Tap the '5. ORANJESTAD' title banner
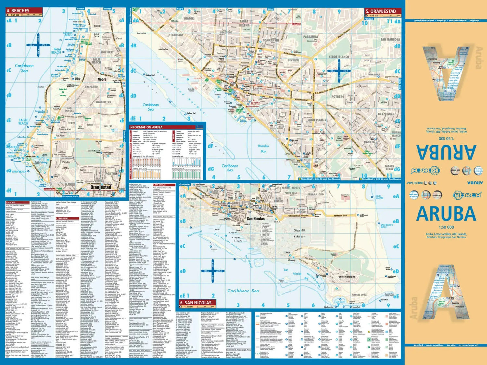[x=382, y=11]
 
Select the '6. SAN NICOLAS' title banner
[x=195, y=303]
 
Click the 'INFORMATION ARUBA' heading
[x=145, y=127]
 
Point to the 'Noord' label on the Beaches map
[x=102, y=79]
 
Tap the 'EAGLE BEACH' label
[x=23, y=122]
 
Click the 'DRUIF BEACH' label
[x=19, y=172]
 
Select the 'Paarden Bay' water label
[x=263, y=148]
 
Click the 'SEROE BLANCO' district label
[x=339, y=57]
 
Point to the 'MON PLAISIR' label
[x=317, y=120]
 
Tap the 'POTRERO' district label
[x=338, y=97]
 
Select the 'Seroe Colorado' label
[x=347, y=277]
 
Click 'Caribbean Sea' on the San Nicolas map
[x=243, y=291]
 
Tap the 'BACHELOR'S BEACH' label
[x=386, y=226]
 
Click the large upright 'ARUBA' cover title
[x=446, y=214]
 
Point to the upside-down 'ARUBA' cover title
[x=446, y=152]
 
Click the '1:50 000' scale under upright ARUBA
[x=446, y=227]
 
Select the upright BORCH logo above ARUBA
[x=467, y=195]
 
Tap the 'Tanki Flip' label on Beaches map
[x=108, y=126]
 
